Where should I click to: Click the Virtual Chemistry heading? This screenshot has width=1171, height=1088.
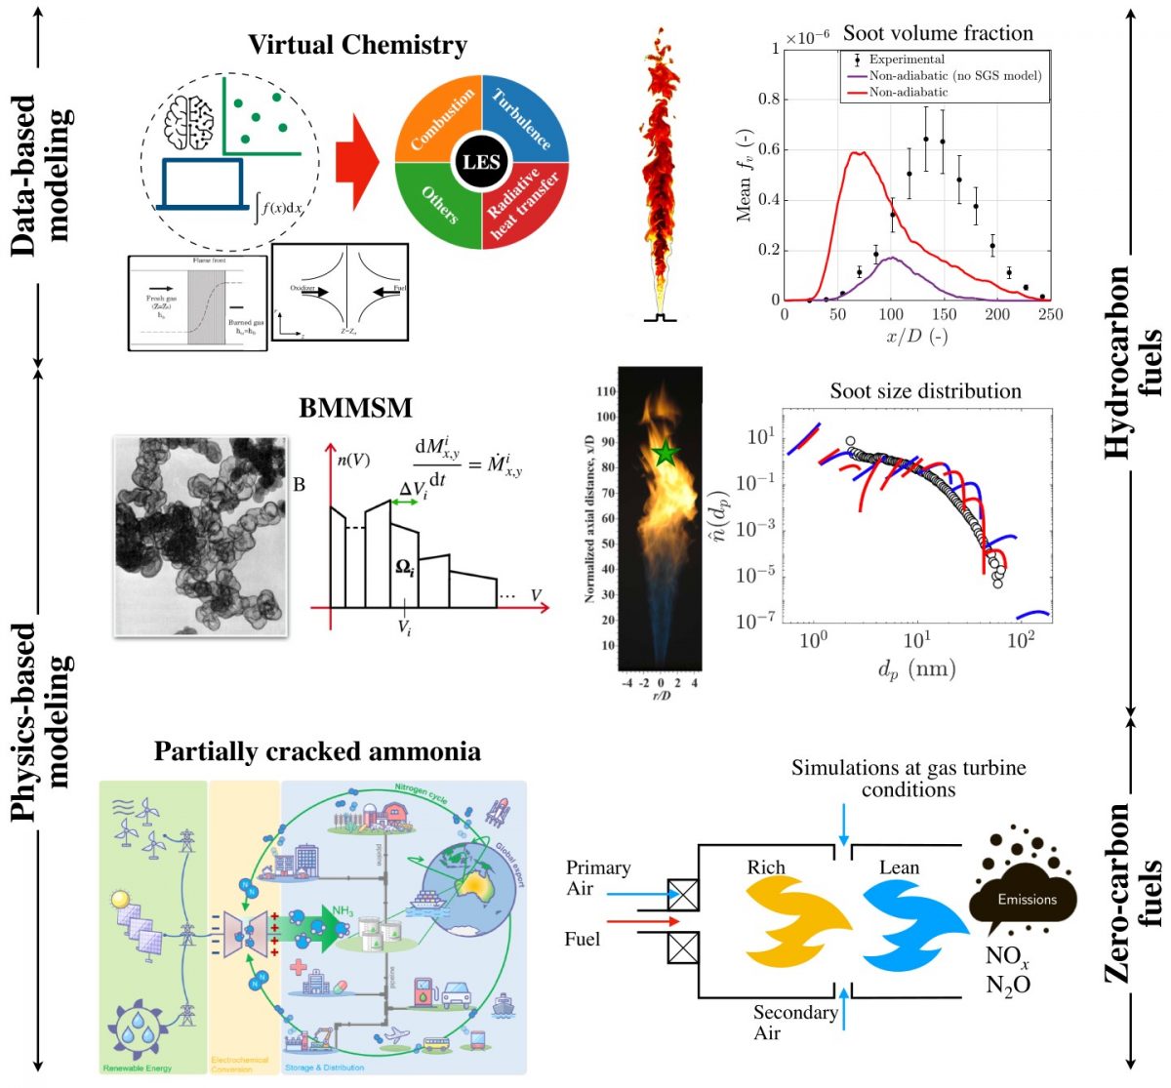[357, 45]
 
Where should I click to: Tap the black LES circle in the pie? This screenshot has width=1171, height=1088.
[480, 162]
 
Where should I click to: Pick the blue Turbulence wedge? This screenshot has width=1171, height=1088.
[524, 118]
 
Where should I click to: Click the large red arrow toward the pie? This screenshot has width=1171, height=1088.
[356, 162]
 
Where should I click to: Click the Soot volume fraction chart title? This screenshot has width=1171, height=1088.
[938, 33]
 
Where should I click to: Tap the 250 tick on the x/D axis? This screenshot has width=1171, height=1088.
[1051, 314]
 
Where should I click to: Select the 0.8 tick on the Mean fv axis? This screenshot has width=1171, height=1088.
[769, 99]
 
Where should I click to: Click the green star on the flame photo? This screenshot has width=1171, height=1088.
[666, 453]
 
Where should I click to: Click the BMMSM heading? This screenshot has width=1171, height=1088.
[355, 407]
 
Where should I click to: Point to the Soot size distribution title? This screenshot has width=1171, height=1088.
[925, 391]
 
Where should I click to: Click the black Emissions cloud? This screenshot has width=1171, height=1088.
[1025, 898]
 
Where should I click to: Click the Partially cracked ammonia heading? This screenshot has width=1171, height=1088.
[317, 751]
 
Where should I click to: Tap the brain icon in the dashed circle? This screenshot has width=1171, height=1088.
[189, 121]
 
